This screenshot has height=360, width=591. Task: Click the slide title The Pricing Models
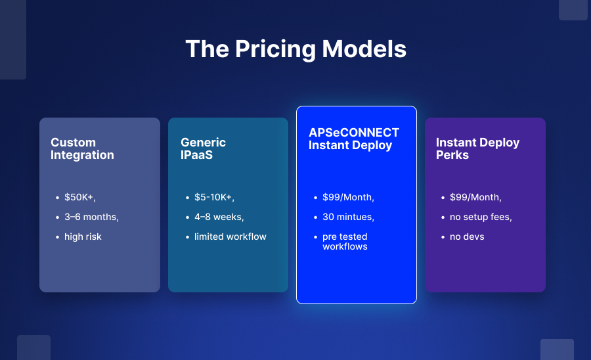(296, 49)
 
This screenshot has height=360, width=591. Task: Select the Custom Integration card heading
(82, 148)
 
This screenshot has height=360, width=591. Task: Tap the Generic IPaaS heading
(203, 148)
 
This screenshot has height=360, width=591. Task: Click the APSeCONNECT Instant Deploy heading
(354, 139)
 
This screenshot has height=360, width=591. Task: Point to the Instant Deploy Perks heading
(477, 148)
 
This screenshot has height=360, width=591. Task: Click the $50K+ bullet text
(80, 197)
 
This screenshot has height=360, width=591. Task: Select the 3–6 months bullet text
(91, 217)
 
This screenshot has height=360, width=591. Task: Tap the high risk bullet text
(83, 236)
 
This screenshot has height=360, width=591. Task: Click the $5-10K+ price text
(215, 197)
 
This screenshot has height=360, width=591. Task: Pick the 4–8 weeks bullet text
(219, 217)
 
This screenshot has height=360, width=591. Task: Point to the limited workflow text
(230, 236)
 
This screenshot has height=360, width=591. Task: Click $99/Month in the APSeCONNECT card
(348, 197)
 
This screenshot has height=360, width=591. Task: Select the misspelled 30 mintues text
(348, 217)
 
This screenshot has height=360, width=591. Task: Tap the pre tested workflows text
(345, 241)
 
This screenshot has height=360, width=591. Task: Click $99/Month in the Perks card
(475, 197)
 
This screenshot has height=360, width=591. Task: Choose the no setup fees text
(481, 217)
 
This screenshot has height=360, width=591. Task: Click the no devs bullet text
(467, 236)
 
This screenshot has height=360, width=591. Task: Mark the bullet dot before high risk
(57, 237)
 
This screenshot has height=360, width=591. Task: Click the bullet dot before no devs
(443, 237)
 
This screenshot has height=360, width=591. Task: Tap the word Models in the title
(364, 49)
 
